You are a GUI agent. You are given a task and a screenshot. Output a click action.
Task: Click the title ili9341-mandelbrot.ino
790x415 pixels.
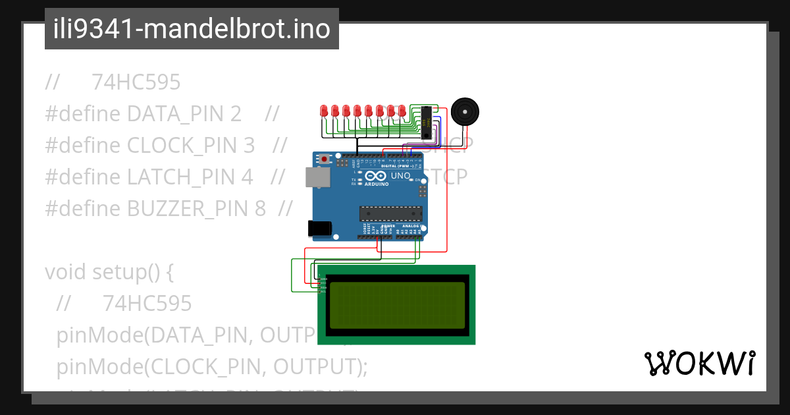coord(192,30)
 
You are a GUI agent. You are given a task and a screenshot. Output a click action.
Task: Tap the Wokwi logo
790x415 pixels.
coord(699,363)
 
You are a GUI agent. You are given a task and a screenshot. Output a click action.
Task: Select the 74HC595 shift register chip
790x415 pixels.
coord(427,122)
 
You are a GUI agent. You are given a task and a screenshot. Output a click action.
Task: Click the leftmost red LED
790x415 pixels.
coord(324,111)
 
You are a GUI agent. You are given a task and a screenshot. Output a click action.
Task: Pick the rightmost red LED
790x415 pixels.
coord(401,111)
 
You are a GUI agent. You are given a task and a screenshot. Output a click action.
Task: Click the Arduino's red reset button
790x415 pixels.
coord(325,159)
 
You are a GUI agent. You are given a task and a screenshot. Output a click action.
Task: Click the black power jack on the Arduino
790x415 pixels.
coord(319,228)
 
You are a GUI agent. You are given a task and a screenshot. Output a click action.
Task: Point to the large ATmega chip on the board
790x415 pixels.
coord(390,213)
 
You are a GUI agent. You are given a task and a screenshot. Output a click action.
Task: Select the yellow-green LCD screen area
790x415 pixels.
coord(396,305)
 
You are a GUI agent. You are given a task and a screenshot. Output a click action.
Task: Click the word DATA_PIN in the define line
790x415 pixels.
coord(184,114)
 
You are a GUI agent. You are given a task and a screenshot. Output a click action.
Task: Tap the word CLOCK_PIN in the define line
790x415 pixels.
coord(190,146)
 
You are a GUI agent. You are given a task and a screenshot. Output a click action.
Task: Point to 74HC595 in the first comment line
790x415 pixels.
coord(136,82)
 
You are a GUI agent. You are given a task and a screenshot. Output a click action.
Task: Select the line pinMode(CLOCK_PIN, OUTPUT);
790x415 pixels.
coord(211,366)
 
